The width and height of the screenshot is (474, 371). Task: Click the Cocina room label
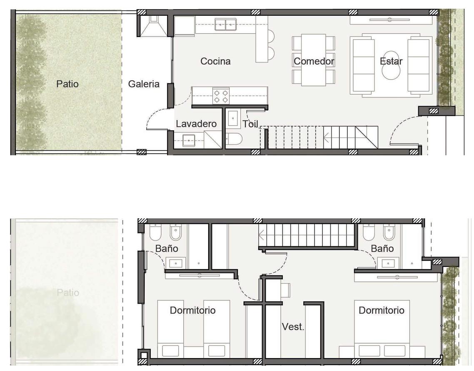pyautogui.click(x=215, y=61)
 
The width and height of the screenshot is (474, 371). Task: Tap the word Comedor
pyautogui.click(x=314, y=61)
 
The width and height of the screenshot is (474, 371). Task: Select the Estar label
pyautogui.click(x=391, y=61)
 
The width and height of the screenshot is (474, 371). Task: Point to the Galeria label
pyautogui.click(x=144, y=84)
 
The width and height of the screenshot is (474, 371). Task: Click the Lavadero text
pyautogui.click(x=196, y=124)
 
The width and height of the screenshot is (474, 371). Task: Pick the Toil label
pyautogui.click(x=250, y=124)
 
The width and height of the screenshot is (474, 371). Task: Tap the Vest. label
pyautogui.click(x=293, y=326)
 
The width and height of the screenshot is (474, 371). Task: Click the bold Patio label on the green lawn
pyautogui.click(x=67, y=84)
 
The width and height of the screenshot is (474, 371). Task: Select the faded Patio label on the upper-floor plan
pyautogui.click(x=68, y=292)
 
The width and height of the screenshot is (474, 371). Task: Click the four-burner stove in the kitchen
pyautogui.click(x=221, y=96)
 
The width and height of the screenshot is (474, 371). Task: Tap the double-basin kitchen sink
pyautogui.click(x=225, y=25)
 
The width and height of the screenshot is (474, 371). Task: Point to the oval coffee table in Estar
pyautogui.click(x=391, y=65)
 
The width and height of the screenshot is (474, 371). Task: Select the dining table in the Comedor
pyautogui.click(x=314, y=60)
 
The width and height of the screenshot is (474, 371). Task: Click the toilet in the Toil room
pyautogui.click(x=234, y=139)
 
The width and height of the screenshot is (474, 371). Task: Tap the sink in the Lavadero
pyautogui.click(x=189, y=141)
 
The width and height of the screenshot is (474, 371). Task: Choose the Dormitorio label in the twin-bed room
pyautogui.click(x=192, y=310)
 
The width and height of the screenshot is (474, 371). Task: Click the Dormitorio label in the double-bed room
pyautogui.click(x=382, y=310)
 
